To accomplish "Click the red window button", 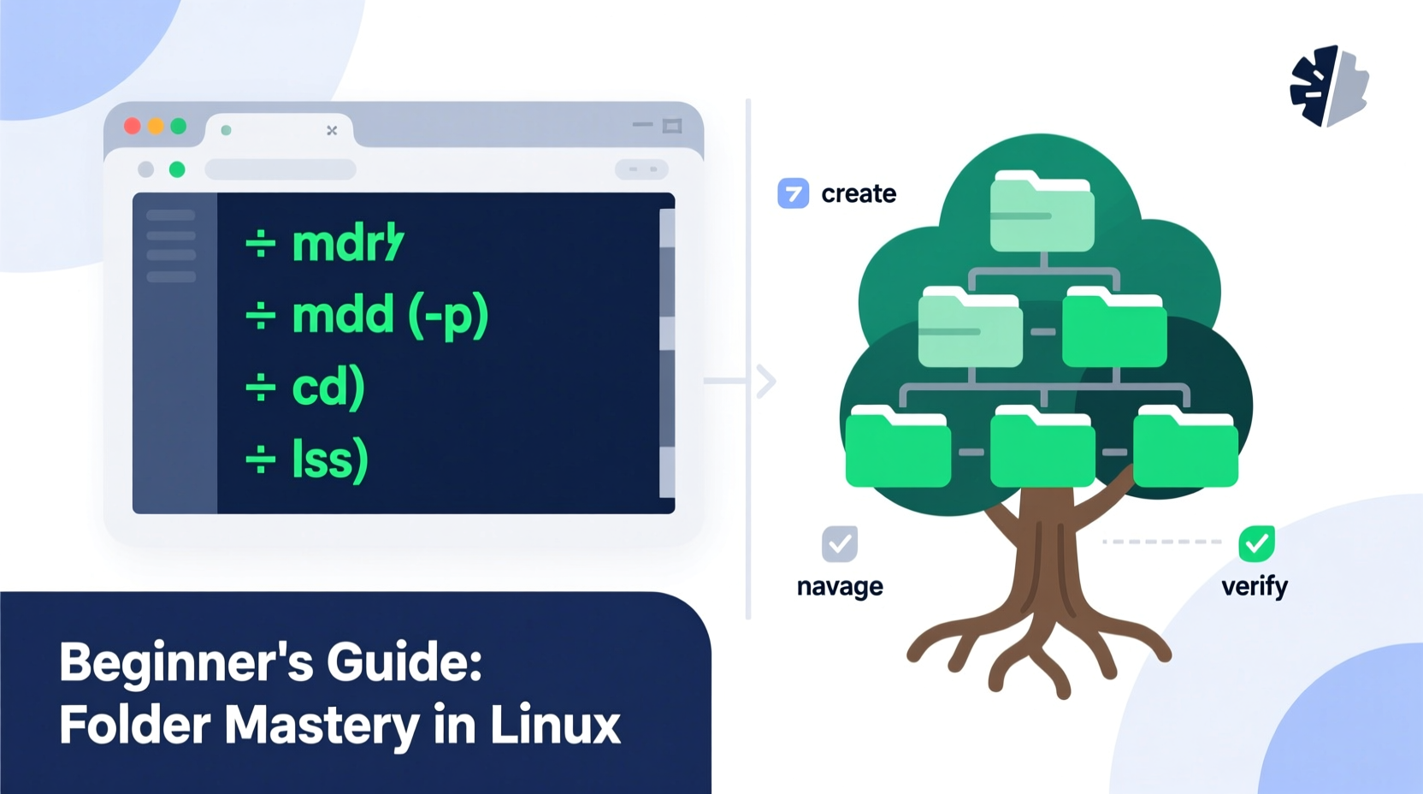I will [133, 127].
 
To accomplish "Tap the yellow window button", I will [156, 127].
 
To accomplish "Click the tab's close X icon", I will [332, 130].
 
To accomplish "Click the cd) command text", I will [328, 388].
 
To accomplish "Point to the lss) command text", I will [329, 459].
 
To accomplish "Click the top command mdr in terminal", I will [346, 243].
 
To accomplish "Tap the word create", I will [859, 194].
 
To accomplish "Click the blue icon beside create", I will [793, 193].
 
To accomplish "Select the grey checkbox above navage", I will [840, 543].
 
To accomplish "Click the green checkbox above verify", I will [1256, 543].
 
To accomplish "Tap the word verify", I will [1255, 587].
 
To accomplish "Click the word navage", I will [840, 587].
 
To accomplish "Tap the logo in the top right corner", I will [1329, 86].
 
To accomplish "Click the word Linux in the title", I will [555, 726].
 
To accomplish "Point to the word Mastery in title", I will [322, 726].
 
